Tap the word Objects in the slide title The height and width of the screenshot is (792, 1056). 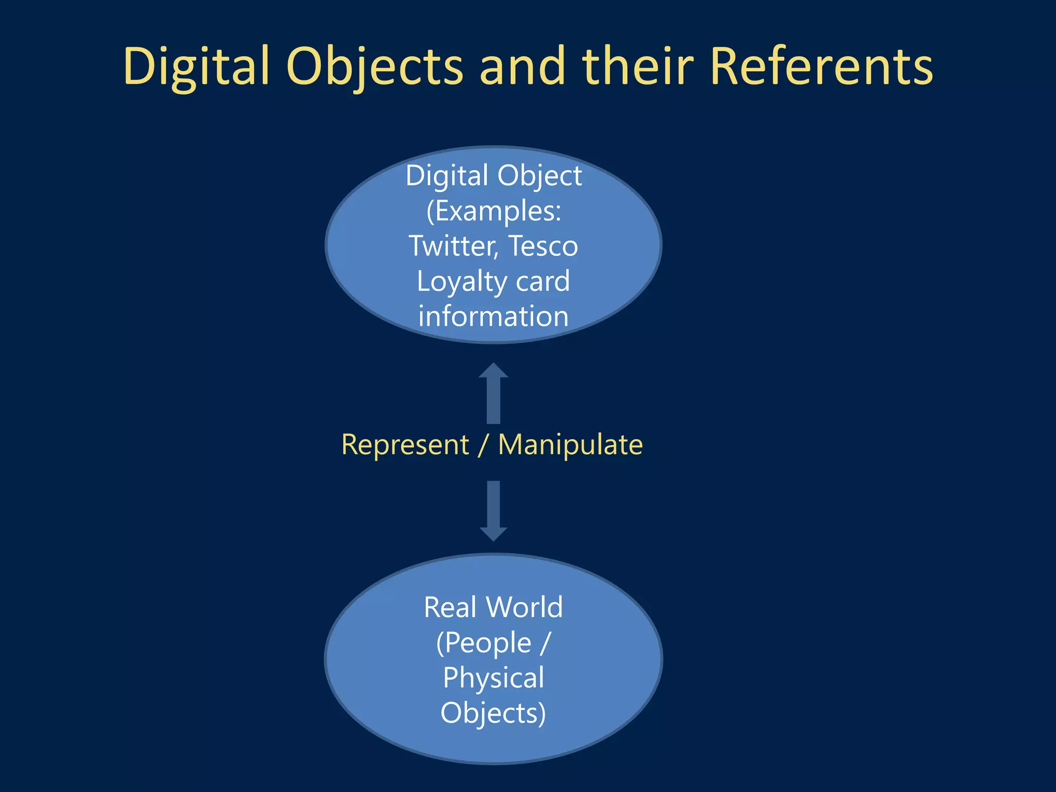pyautogui.click(x=375, y=67)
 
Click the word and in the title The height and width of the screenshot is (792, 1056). pyautogui.click(x=522, y=67)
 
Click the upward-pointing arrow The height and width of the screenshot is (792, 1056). pyautogui.click(x=493, y=393)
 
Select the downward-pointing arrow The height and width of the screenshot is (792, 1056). pyautogui.click(x=493, y=510)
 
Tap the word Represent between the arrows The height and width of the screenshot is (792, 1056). pyautogui.click(x=405, y=444)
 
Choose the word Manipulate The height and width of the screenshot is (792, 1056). pyautogui.click(x=570, y=444)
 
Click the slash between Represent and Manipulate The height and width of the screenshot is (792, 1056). pyautogui.click(x=483, y=444)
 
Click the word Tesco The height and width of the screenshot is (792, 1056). pyautogui.click(x=543, y=246)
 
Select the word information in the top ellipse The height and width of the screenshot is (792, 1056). pyautogui.click(x=493, y=316)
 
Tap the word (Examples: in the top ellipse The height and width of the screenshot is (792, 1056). pyautogui.click(x=493, y=211)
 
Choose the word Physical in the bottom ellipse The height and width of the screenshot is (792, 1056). pyautogui.click(x=493, y=678)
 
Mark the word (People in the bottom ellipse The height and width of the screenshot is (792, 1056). pyautogui.click(x=483, y=643)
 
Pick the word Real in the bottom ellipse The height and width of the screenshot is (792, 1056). pyautogui.click(x=450, y=607)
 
